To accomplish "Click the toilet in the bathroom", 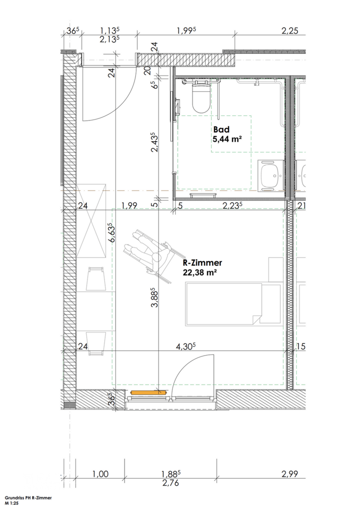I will [201, 96].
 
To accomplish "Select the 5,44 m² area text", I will [228, 139].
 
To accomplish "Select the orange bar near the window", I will [147, 392].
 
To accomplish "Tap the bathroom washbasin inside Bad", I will [270, 174].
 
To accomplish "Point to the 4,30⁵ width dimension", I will [185, 347].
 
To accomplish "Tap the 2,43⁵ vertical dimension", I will [154, 143].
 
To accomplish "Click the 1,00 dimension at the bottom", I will [100, 474].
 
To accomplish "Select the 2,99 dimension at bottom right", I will [290, 474].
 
